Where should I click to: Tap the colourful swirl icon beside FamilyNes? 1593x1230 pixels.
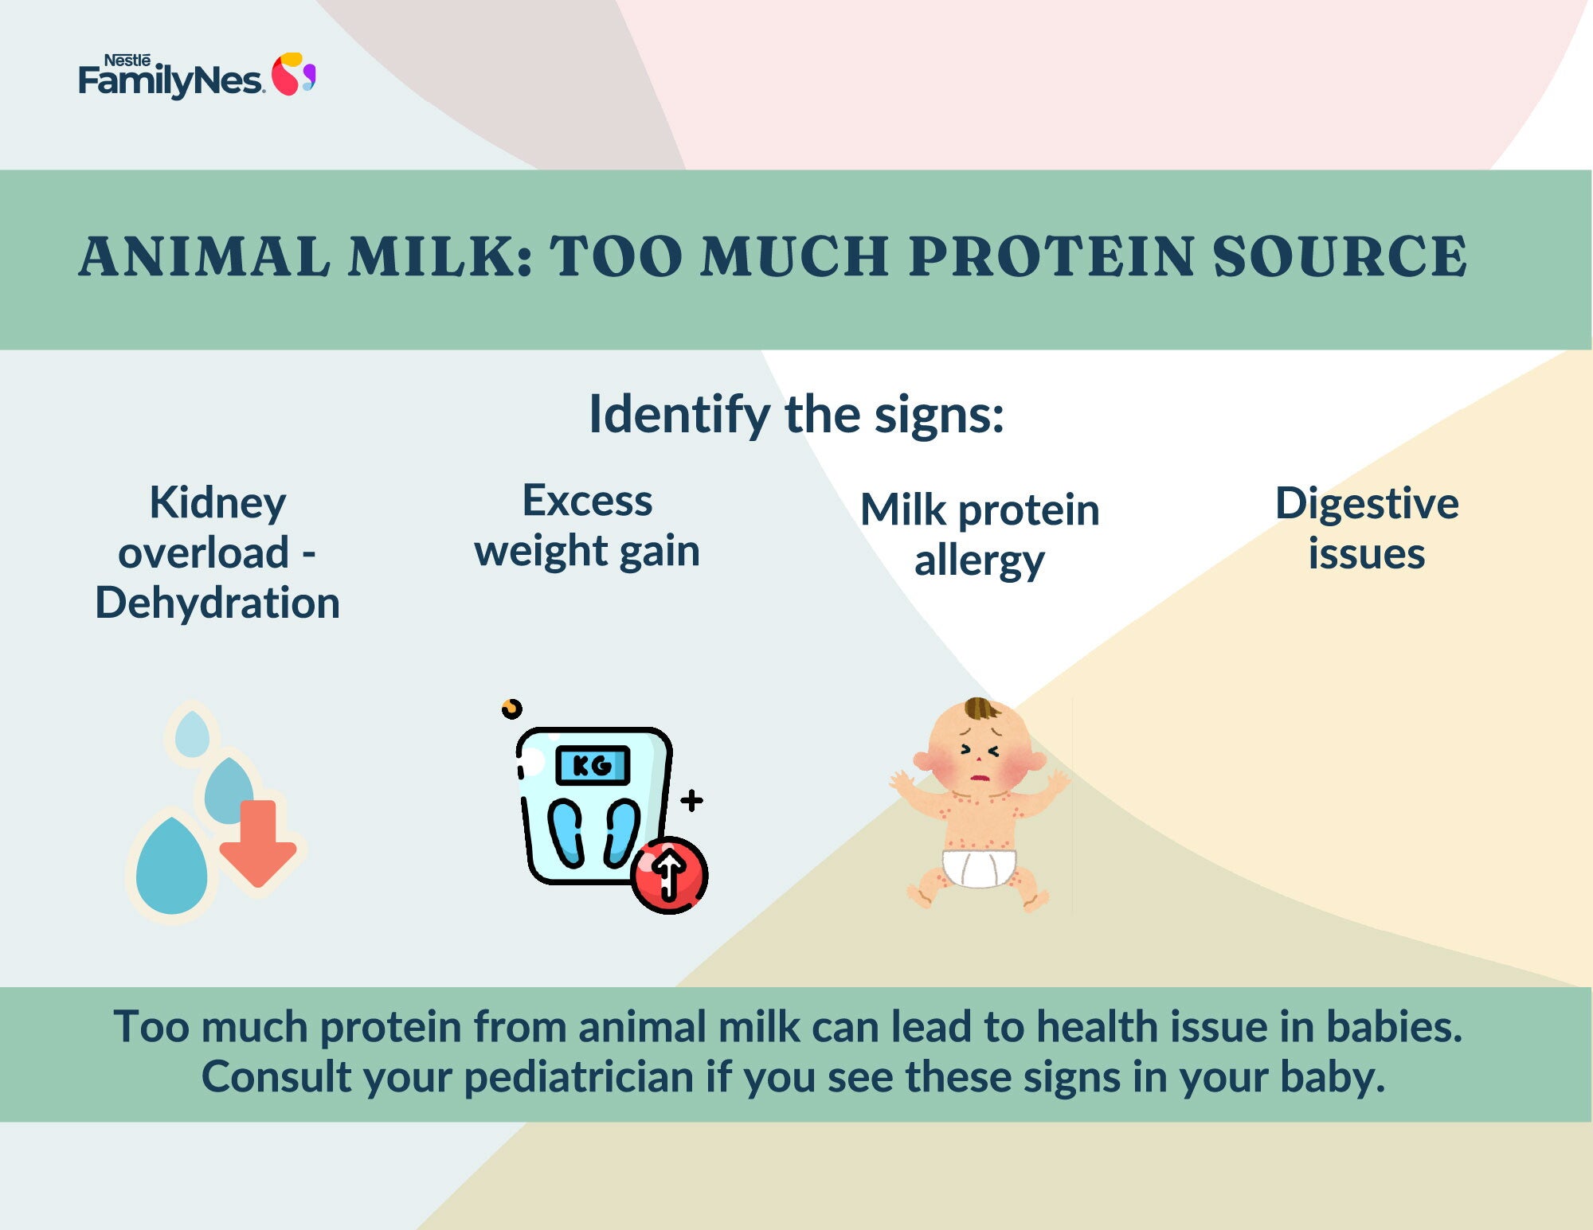point(294,75)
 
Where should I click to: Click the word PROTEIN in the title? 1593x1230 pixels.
point(1051,256)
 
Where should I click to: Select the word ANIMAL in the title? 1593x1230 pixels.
point(204,256)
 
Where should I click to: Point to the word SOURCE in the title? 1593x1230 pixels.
point(1340,256)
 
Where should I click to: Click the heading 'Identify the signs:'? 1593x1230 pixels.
point(796,415)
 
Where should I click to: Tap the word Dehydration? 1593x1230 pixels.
point(217,603)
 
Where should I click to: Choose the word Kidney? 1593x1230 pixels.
point(217,504)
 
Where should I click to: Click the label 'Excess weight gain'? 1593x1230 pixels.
point(587,526)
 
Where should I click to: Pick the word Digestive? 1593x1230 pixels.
point(1367,504)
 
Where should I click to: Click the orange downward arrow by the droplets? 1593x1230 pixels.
point(258,843)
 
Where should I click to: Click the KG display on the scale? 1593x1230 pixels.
point(593,765)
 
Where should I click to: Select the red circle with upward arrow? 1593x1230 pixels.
point(669,874)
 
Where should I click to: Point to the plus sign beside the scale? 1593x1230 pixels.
point(691,800)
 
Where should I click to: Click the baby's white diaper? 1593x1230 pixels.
point(979,868)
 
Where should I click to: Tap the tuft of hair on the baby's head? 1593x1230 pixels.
point(980,709)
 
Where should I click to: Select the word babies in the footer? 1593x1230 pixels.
point(1394,1026)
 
